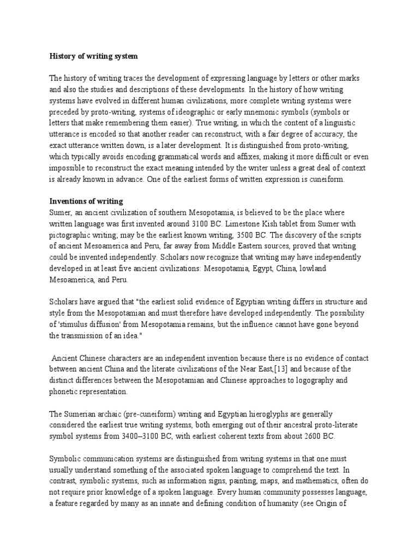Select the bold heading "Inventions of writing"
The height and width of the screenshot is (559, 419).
pos(86,201)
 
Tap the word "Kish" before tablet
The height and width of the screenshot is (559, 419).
pos(290,212)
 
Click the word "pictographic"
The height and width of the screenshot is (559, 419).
pos(71,223)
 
